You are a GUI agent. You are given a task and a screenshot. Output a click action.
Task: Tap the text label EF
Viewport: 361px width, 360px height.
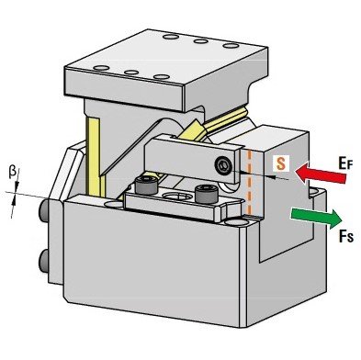click(x=345, y=164)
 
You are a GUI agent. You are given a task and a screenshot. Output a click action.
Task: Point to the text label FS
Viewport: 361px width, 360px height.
click(x=346, y=236)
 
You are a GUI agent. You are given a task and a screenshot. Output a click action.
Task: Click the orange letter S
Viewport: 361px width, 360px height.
click(x=281, y=163)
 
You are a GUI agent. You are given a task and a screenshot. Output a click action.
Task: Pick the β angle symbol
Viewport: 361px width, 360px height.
click(x=12, y=173)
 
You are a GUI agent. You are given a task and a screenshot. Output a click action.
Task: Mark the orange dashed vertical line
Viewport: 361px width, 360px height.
click(x=250, y=183)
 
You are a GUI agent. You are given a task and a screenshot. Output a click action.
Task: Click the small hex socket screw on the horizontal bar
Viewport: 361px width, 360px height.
click(x=223, y=167)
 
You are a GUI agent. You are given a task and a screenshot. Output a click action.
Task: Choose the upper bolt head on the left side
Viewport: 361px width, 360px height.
click(x=43, y=209)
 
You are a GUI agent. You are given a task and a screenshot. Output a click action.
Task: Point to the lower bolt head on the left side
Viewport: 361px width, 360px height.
click(x=44, y=260)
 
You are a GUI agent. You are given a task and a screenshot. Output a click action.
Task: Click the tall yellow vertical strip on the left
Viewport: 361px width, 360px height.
click(x=94, y=157)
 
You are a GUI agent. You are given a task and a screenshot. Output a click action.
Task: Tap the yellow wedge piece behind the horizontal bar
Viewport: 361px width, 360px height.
click(x=191, y=130)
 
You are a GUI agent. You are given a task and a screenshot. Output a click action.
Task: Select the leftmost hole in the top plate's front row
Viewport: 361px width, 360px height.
click(x=102, y=68)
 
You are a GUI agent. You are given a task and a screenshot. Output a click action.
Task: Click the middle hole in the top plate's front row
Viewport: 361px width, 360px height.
click(x=131, y=73)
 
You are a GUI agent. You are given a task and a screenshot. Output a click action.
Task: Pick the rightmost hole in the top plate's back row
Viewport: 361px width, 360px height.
click(x=231, y=46)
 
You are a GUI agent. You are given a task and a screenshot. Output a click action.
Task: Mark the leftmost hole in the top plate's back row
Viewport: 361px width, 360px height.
click(x=171, y=37)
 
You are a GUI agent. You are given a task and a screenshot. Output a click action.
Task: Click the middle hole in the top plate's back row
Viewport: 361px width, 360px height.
click(x=201, y=41)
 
